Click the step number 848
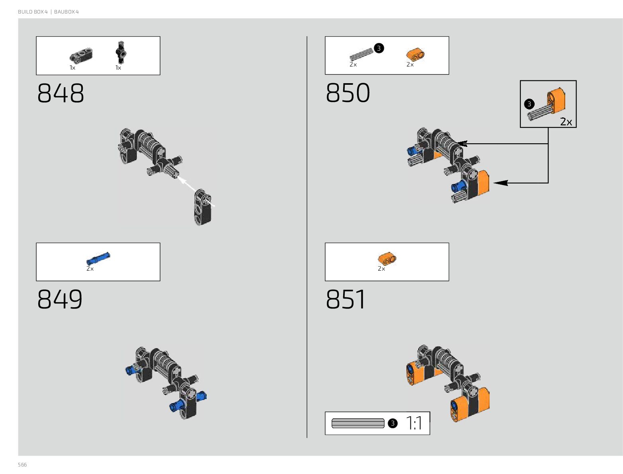(61, 94)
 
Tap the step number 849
(60, 299)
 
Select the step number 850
(348, 94)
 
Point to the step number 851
(346, 299)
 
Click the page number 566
(22, 465)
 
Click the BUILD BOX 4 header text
(33, 12)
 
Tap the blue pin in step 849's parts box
(98, 259)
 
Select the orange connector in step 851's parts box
(387, 259)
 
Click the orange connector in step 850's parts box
(415, 54)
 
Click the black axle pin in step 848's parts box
(121, 52)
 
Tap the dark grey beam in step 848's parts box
(81, 55)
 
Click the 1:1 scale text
(414, 423)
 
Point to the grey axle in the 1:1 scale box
(358, 423)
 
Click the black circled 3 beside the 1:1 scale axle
(393, 423)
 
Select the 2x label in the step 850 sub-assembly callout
(566, 122)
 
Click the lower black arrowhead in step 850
(500, 183)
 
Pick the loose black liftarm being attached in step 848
(203, 207)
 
